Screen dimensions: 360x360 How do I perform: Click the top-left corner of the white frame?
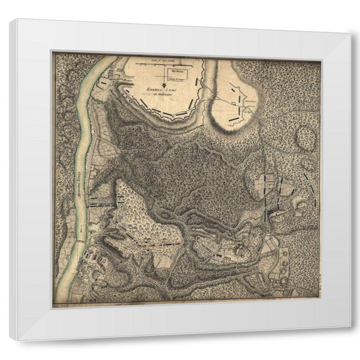point(10,19)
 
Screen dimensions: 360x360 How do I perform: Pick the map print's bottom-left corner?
point(54,307)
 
